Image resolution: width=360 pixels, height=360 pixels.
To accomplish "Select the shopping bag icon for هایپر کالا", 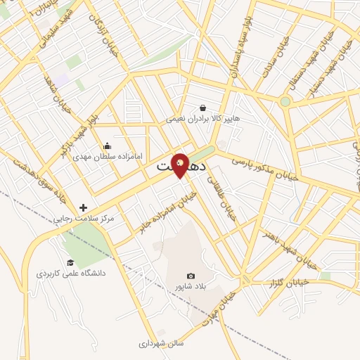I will click(x=203, y=108).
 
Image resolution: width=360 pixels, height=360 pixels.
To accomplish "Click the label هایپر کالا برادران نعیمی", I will click(x=203, y=119).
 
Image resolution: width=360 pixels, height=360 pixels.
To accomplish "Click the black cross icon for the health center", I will click(x=84, y=207).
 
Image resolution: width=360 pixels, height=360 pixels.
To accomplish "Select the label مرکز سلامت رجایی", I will click(x=84, y=219).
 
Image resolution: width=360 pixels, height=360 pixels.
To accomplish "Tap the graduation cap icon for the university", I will click(x=70, y=262).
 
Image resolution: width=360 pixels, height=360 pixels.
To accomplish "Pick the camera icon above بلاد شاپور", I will click(x=191, y=276).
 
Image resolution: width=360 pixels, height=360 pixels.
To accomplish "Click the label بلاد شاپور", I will click(x=191, y=288).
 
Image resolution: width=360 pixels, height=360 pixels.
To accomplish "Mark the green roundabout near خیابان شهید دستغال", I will click(x=285, y=102).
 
